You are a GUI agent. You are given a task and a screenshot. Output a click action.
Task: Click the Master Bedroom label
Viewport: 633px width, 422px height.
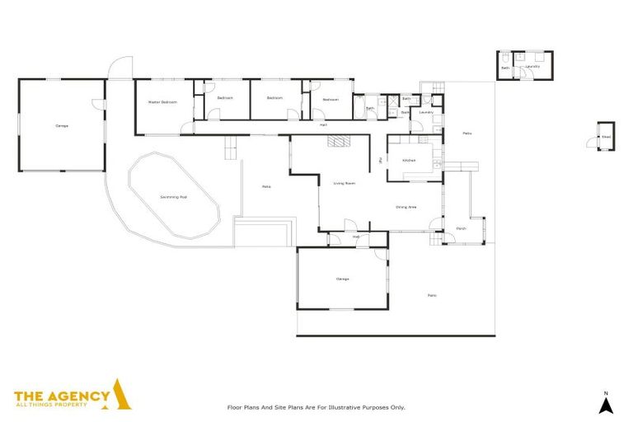click(162, 102)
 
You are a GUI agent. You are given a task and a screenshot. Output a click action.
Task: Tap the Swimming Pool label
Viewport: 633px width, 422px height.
click(173, 198)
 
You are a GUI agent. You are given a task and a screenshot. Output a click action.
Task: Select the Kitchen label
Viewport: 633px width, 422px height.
click(409, 160)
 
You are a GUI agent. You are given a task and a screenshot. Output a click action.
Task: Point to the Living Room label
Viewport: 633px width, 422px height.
click(344, 183)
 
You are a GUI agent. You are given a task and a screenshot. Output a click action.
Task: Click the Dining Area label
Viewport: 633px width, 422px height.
click(406, 207)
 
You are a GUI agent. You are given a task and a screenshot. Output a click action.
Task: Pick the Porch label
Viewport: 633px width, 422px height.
click(461, 229)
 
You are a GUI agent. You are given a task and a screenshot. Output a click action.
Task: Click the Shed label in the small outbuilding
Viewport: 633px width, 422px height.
click(606, 138)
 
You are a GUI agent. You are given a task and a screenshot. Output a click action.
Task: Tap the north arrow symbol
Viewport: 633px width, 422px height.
click(605, 406)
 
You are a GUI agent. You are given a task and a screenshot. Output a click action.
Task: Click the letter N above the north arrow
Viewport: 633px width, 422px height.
click(605, 392)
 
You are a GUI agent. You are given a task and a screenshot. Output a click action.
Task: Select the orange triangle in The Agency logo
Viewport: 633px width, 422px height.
click(121, 396)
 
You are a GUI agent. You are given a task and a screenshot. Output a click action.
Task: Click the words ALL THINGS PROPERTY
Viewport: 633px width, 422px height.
click(62, 406)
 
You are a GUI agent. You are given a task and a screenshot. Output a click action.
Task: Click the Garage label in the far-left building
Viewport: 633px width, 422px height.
click(62, 126)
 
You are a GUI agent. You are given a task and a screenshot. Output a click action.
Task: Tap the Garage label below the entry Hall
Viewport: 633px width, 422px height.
click(342, 279)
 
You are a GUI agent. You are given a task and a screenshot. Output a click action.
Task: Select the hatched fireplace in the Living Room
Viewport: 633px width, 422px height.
click(338, 141)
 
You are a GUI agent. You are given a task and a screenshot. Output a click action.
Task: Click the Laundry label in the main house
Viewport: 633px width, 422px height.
click(426, 112)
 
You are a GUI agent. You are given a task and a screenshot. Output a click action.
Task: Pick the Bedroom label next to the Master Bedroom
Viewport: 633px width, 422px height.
click(225, 98)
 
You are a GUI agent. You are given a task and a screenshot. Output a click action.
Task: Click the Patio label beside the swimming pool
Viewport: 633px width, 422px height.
click(266, 187)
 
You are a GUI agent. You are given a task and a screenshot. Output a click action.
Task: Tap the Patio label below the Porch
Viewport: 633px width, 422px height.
click(431, 295)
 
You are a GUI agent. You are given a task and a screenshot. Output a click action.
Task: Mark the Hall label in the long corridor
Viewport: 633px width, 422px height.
click(324, 124)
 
